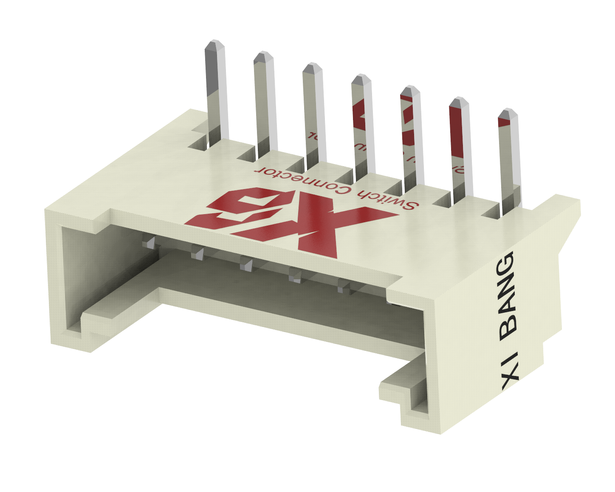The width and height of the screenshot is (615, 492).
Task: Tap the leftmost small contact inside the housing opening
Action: (149, 243)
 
